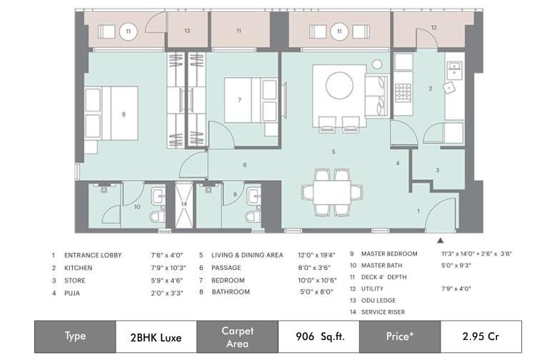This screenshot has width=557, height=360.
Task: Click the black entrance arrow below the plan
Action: [441, 241]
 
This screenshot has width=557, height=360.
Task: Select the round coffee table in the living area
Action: [340, 86]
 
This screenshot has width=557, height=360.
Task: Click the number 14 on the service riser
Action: [184, 204]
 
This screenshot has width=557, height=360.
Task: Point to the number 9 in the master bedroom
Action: [124, 114]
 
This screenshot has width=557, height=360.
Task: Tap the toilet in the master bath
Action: [156, 216]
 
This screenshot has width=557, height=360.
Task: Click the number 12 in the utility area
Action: [433, 27]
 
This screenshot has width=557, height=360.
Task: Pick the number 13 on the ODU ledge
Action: [187, 31]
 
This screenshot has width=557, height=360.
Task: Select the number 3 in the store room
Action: [437, 170]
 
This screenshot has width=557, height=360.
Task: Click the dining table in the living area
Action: [332, 192]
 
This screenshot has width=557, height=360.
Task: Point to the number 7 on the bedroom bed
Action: [239, 100]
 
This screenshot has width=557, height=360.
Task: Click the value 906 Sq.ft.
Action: [320, 336]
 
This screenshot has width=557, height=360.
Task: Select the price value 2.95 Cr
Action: [481, 336]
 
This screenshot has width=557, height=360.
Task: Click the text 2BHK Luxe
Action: [156, 337]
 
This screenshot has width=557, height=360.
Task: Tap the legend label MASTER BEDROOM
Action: [389, 254]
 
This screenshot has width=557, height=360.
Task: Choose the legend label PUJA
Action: [72, 293]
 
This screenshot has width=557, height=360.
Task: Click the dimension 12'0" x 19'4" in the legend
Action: [316, 255]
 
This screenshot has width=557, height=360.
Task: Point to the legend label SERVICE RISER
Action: [383, 312]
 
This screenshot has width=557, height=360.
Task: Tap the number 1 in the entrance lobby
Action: [418, 211]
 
